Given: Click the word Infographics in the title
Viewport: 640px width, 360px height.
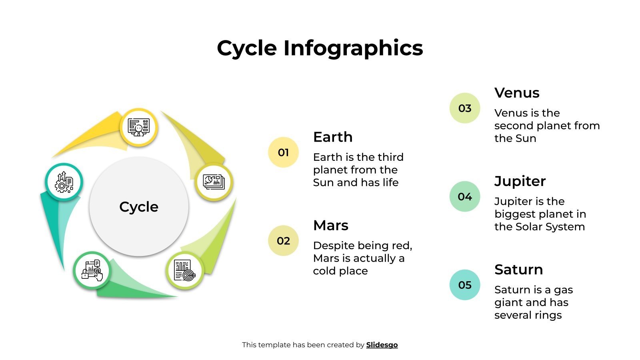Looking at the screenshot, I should [353, 48].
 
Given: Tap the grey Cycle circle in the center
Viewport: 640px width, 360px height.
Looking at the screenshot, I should [139, 206].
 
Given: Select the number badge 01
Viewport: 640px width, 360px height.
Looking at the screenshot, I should [283, 152].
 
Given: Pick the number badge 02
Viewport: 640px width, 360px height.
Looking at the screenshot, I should [283, 241].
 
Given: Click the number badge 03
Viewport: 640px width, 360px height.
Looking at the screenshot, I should [465, 108].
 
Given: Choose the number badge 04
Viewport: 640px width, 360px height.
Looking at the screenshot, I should [465, 197].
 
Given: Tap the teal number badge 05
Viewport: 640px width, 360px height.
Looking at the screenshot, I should [465, 285].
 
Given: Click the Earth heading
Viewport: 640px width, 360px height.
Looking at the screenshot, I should [333, 137].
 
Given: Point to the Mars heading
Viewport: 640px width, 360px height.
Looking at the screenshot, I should [331, 226].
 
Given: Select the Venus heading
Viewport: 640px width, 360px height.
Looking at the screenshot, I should [517, 93].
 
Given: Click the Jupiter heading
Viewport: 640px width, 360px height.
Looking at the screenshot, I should [520, 182].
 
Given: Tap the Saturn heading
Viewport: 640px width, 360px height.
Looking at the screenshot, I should [518, 270].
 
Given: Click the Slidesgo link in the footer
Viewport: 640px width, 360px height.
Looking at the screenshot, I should [382, 345].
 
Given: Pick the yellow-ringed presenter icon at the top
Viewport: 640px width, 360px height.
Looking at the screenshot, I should [139, 128].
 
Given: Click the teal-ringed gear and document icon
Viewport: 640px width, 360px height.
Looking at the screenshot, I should [64, 182].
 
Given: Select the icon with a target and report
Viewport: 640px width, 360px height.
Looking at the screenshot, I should [185, 270].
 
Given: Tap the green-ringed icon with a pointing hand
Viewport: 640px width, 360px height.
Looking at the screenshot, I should [92, 270].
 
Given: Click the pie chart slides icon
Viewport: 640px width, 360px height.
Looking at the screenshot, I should [214, 182].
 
